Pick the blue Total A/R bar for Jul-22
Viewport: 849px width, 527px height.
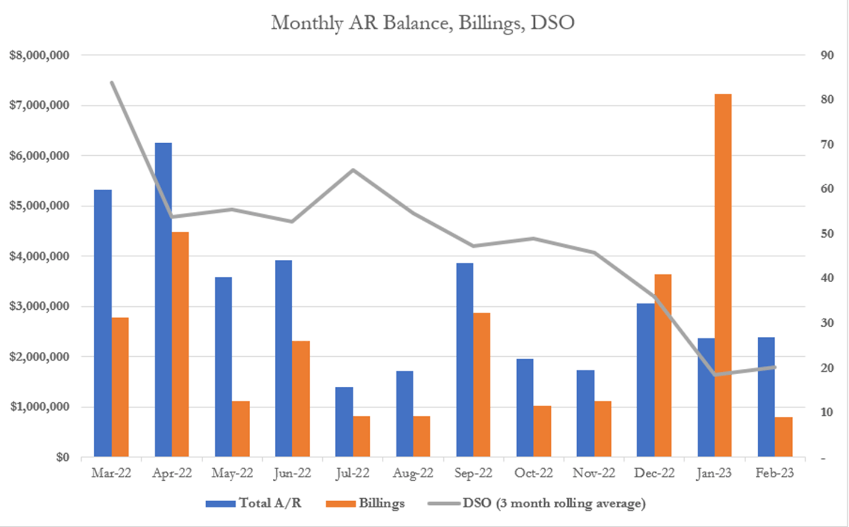pyautogui.click(x=344, y=421)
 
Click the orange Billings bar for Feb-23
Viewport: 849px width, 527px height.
pyautogui.click(x=783, y=437)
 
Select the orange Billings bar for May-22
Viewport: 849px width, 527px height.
pyautogui.click(x=241, y=428)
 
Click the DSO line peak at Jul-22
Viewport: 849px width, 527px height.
pyautogui.click(x=353, y=170)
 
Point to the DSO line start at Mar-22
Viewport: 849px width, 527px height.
pyautogui.click(x=112, y=82)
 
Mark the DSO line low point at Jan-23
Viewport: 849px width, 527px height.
pyautogui.click(x=715, y=375)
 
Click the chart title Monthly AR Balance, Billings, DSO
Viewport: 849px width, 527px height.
pyautogui.click(x=423, y=23)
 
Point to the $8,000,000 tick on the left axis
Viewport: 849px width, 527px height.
pyautogui.click(x=39, y=55)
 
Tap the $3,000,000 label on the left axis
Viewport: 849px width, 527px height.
pyautogui.click(x=39, y=306)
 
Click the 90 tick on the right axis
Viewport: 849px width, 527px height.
pyautogui.click(x=827, y=55)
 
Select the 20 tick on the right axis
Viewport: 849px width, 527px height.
pyautogui.click(x=827, y=368)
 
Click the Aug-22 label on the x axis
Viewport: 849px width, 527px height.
pyautogui.click(x=413, y=473)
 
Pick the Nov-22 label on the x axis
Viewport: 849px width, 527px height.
pyautogui.click(x=593, y=473)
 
